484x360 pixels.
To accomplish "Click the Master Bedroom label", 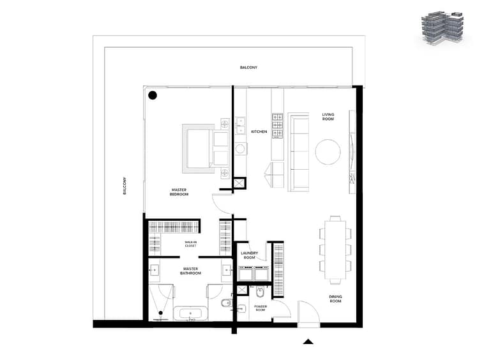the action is pyautogui.click(x=179, y=192).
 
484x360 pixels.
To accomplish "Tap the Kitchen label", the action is pyautogui.click(x=259, y=131).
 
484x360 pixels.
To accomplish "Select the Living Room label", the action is pyautogui.click(x=328, y=117).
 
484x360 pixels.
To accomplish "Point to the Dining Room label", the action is pyautogui.click(x=335, y=299).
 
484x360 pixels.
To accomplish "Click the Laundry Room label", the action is pyautogui.click(x=250, y=255).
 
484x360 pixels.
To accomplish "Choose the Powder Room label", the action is pyautogui.click(x=261, y=308).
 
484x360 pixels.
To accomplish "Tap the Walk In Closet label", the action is pyautogui.click(x=190, y=244).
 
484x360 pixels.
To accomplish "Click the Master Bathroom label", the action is pyautogui.click(x=191, y=271).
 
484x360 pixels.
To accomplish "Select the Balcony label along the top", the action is pyautogui.click(x=249, y=68).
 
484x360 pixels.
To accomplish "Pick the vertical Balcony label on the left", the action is pyautogui.click(x=125, y=186).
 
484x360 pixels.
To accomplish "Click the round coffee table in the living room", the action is pyautogui.click(x=328, y=152).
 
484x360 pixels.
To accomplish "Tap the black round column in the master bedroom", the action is pyautogui.click(x=153, y=95).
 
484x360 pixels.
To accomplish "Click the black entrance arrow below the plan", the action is pyautogui.click(x=308, y=341).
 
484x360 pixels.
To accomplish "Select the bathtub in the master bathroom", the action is pyautogui.click(x=190, y=313).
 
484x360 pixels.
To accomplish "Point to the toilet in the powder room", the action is pyautogui.click(x=261, y=292).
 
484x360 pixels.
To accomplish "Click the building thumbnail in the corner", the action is pyautogui.click(x=442, y=28).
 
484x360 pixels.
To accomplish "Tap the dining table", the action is pyautogui.click(x=335, y=249).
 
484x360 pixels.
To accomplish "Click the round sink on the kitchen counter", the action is pyautogui.click(x=240, y=149).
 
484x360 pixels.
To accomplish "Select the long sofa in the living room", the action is pyautogui.click(x=298, y=152).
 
